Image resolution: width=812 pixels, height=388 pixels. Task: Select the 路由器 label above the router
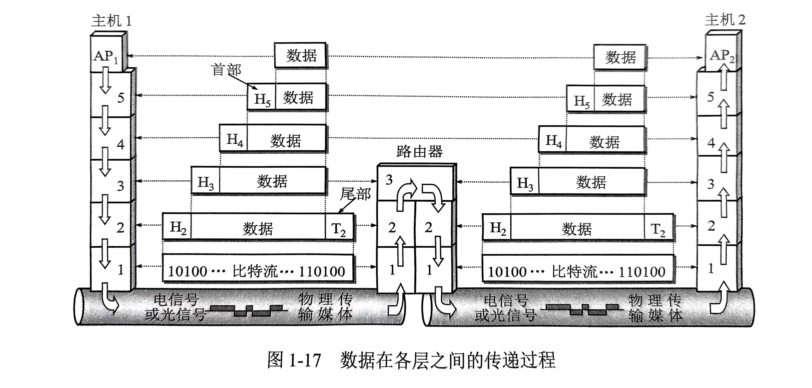[x=419, y=152]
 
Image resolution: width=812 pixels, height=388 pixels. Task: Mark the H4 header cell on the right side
[x=553, y=140]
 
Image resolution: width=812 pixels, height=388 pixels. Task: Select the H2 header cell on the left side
[x=177, y=227]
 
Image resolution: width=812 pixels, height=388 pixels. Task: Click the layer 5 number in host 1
[x=121, y=98]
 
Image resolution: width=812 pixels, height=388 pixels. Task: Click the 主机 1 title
[x=111, y=21]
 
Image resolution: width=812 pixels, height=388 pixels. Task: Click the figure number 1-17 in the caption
[x=305, y=360]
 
